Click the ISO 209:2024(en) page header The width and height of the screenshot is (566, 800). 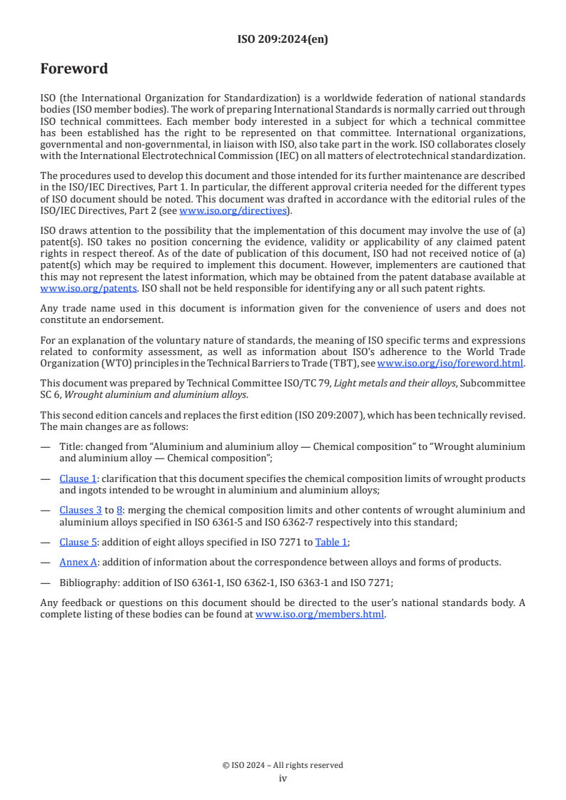pyautogui.click(x=283, y=40)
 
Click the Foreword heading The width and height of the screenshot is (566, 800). pyautogui.click(x=74, y=69)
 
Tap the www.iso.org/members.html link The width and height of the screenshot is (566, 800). pyautogui.click(x=320, y=614)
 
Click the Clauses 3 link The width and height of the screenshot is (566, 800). pyautogui.click(x=80, y=510)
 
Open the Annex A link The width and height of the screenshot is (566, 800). pyautogui.click(x=78, y=562)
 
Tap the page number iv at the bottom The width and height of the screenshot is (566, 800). pyautogui.click(x=283, y=778)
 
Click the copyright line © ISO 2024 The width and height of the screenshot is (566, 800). pyautogui.click(x=283, y=765)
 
